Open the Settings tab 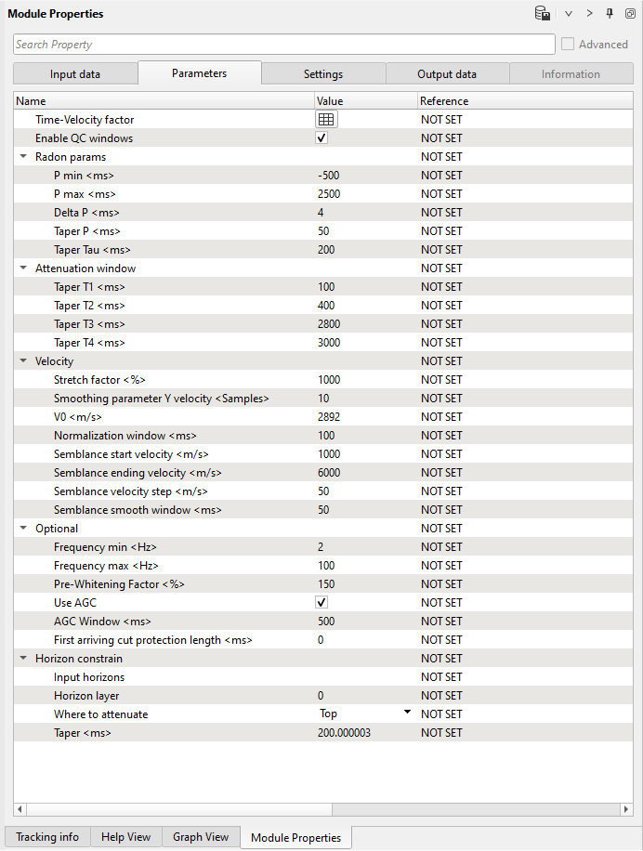(x=323, y=74)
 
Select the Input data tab (x=75, y=74)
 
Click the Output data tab (x=447, y=74)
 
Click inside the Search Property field (x=283, y=45)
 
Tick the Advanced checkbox (x=568, y=45)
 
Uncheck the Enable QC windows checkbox (x=321, y=138)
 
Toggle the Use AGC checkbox (x=321, y=603)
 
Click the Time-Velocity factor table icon (x=326, y=120)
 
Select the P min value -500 (x=328, y=176)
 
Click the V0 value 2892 (x=329, y=417)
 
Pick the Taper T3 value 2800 (x=329, y=324)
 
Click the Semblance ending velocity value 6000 (x=329, y=473)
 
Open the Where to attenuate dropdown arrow (x=407, y=713)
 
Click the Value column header (x=330, y=100)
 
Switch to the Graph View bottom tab (x=201, y=837)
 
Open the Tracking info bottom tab (x=47, y=837)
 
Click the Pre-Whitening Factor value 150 (x=326, y=584)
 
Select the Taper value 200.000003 (x=344, y=733)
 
